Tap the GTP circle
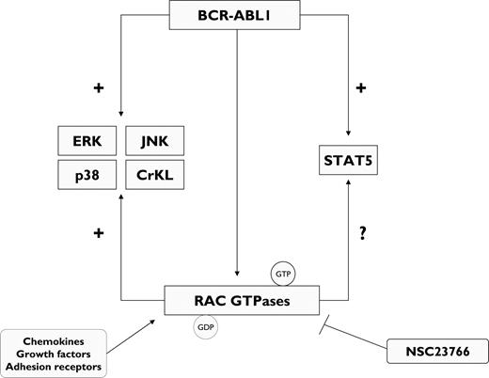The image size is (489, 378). [281, 274]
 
